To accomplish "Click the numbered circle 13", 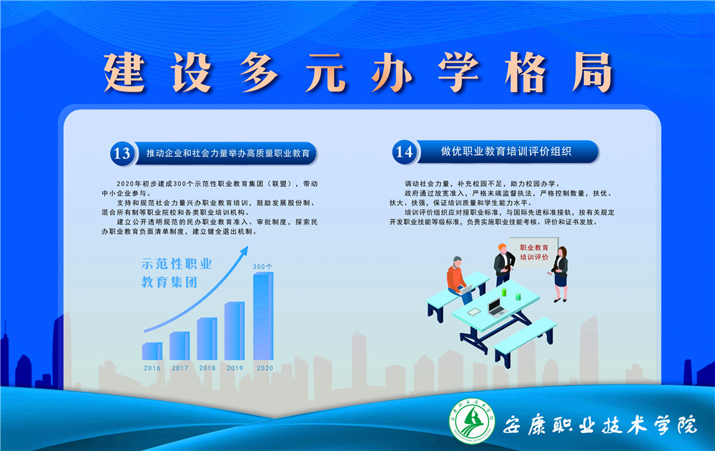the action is [x=122, y=153].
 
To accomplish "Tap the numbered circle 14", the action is [x=404, y=152].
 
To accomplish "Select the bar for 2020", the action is [x=263, y=316].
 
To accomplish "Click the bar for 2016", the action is [x=152, y=351].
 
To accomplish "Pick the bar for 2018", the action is [x=207, y=339].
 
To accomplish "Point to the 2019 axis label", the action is [x=235, y=368].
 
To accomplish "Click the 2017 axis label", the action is [x=179, y=368].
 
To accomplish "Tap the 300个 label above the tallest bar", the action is [x=262, y=267].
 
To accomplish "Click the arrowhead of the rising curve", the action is [x=245, y=250].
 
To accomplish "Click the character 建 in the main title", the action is [x=124, y=72].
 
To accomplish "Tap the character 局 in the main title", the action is [x=592, y=72].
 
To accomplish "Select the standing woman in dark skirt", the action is [x=560, y=274].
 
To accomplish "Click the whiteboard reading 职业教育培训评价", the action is [x=534, y=252].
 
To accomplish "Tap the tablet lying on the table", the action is [x=474, y=312].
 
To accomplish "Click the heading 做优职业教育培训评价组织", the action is [x=506, y=152].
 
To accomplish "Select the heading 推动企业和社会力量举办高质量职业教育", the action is [x=228, y=153].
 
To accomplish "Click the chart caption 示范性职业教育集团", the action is [x=177, y=273].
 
